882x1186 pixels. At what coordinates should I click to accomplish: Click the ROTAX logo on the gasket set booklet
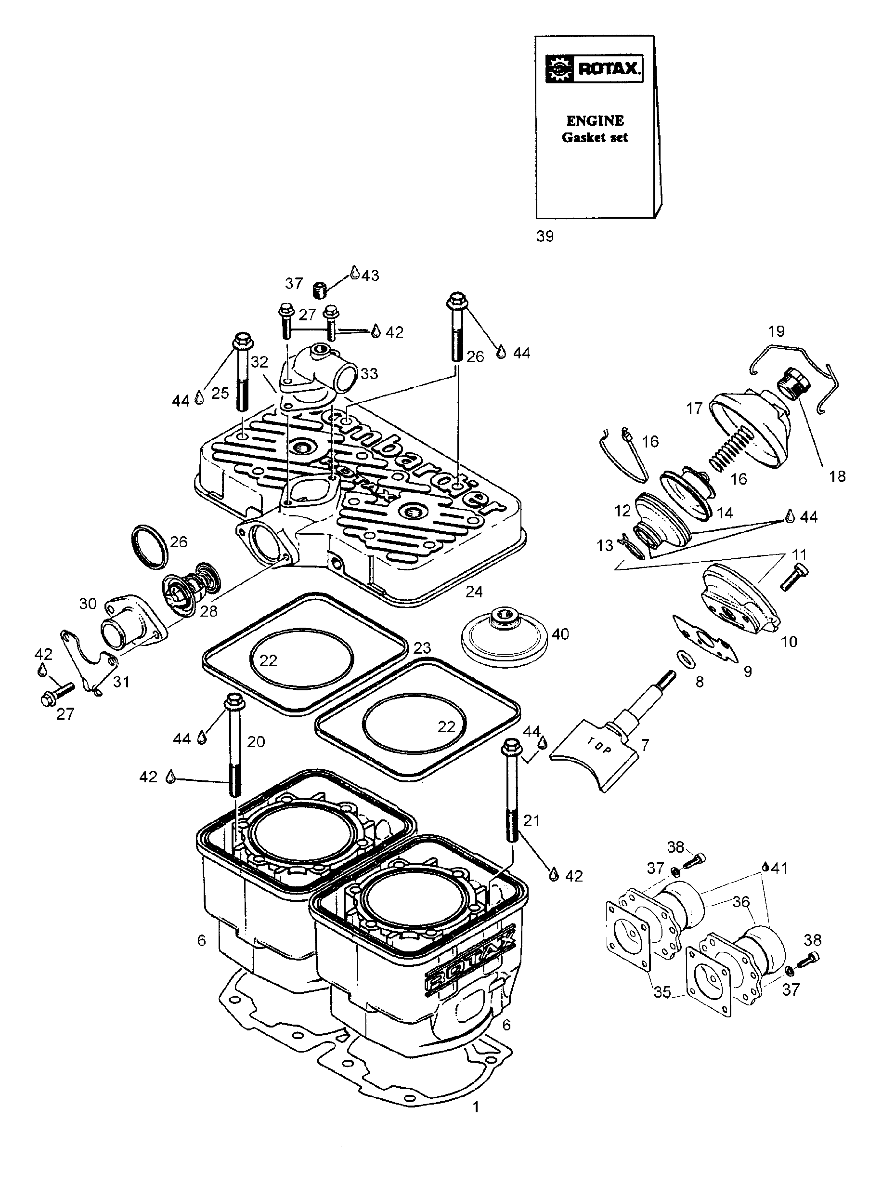(x=594, y=68)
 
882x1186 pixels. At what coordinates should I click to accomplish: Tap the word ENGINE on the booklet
(x=595, y=121)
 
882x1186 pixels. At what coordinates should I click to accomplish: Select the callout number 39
(x=545, y=236)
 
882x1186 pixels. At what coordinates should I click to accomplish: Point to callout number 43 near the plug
(x=370, y=275)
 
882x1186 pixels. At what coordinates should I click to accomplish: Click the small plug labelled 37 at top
(x=319, y=291)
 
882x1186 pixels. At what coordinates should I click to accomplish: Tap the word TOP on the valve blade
(x=601, y=747)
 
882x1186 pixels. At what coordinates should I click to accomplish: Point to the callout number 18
(x=837, y=476)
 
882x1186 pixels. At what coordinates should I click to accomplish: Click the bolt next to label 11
(x=793, y=578)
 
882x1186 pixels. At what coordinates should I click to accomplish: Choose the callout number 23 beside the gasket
(x=422, y=648)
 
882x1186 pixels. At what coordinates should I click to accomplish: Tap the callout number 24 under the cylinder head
(x=474, y=592)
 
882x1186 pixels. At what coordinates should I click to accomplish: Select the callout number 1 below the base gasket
(x=476, y=1107)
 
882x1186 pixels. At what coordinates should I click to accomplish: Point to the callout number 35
(x=662, y=991)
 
